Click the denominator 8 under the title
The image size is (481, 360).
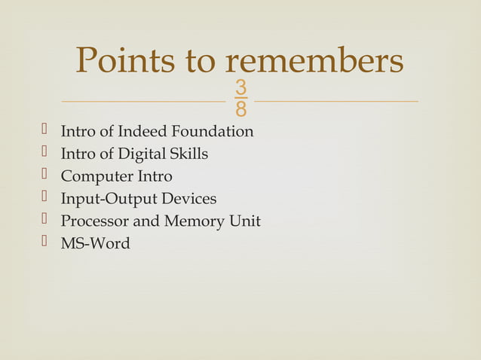(240, 110)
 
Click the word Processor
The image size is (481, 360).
(96, 221)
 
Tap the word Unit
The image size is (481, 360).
(246, 221)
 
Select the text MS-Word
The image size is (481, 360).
(95, 244)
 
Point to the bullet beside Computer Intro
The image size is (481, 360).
(44, 175)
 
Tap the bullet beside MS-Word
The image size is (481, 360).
(44, 243)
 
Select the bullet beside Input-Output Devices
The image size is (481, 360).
(44, 198)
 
